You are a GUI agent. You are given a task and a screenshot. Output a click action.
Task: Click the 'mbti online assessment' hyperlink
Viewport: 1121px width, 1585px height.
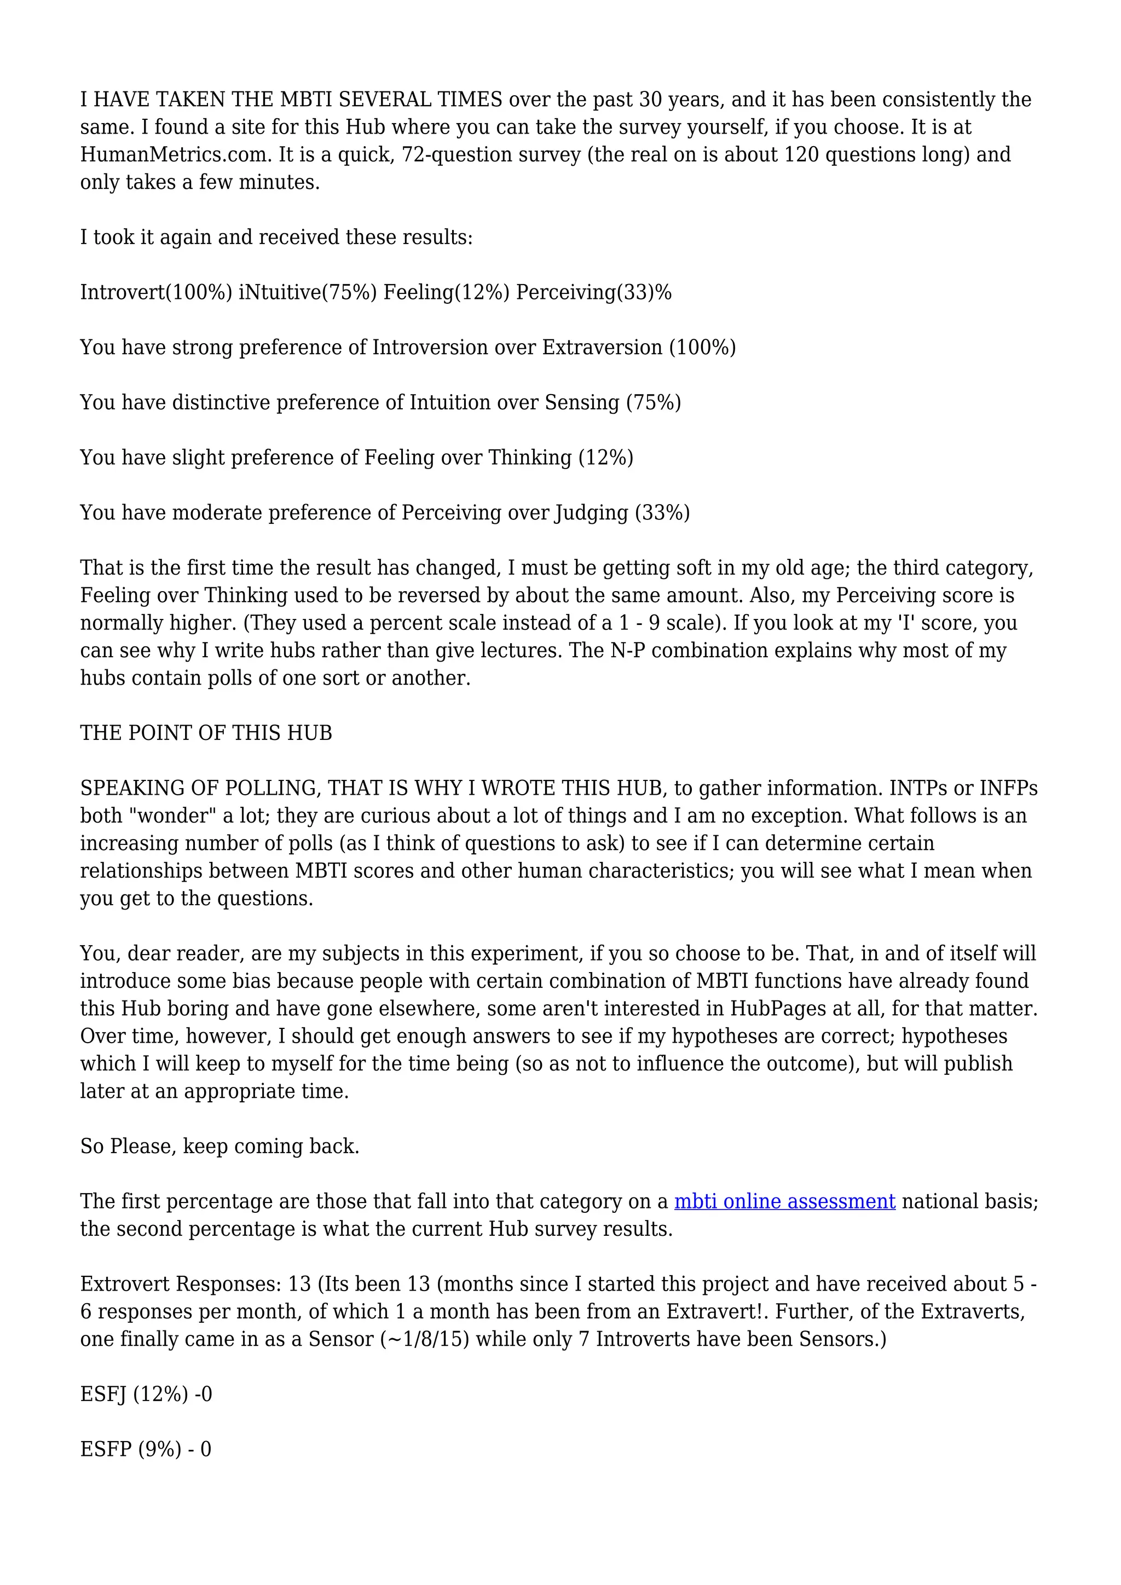784,1201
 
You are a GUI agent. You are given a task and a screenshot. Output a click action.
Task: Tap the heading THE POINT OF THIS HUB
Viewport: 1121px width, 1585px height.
206,733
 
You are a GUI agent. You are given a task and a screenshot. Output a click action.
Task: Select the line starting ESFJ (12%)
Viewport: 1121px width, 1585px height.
146,1395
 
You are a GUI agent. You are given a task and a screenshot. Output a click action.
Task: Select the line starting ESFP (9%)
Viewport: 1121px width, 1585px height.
145,1449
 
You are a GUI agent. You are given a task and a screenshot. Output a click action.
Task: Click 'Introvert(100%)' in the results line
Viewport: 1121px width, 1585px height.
156,293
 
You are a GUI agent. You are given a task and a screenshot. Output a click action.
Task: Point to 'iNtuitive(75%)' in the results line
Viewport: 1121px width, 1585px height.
307,293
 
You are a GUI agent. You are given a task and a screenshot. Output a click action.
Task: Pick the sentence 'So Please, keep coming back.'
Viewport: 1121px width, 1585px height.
219,1147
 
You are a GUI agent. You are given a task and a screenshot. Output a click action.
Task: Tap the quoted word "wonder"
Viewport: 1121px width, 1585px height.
174,816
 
